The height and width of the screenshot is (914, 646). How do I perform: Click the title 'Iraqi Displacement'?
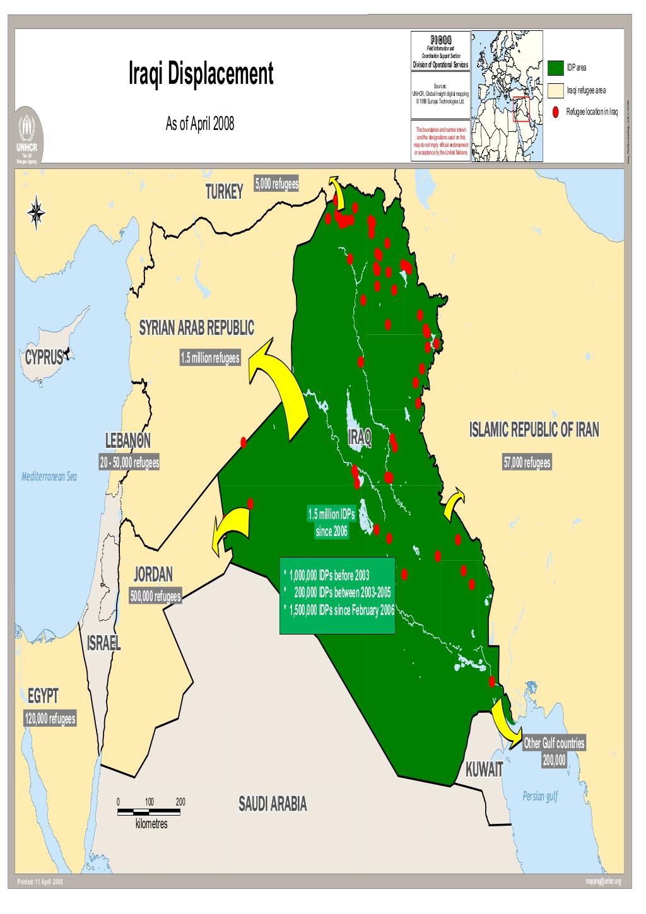(201, 74)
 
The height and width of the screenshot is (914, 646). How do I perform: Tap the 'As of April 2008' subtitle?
(199, 124)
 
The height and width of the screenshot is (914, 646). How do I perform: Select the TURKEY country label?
(223, 192)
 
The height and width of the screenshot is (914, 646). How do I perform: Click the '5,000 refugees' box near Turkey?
(276, 184)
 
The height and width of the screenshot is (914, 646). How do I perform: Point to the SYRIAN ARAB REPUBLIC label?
(196, 328)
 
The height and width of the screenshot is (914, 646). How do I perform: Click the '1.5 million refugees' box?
(209, 358)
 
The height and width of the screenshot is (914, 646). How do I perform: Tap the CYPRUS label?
(44, 356)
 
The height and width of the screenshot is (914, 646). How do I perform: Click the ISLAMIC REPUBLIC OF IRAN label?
(534, 430)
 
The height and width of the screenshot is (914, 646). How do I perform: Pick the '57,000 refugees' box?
(527, 463)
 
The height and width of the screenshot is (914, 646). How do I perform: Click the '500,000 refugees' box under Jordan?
(155, 596)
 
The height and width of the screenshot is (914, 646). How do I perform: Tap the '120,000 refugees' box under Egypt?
(50, 718)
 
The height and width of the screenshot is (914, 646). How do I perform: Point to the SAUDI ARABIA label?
(273, 804)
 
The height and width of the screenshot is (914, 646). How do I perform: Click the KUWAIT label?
(484, 770)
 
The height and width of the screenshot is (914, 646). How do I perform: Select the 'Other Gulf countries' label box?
(555, 743)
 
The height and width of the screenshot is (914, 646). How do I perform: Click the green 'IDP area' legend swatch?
(556, 67)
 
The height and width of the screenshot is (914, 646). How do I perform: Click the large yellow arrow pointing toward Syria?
(284, 391)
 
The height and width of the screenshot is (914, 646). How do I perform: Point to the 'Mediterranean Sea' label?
(49, 476)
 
